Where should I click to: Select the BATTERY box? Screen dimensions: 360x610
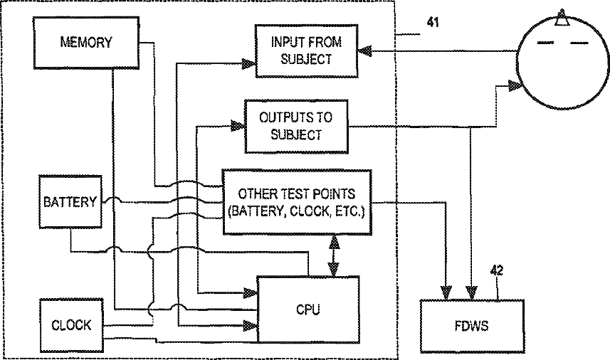(x=70, y=202)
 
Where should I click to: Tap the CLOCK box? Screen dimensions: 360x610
(x=70, y=325)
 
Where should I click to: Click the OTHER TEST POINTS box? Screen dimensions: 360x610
(x=297, y=202)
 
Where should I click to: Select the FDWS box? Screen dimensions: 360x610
(x=472, y=325)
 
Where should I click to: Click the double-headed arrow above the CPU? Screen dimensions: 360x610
(x=332, y=255)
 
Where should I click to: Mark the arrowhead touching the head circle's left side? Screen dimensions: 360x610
(x=515, y=87)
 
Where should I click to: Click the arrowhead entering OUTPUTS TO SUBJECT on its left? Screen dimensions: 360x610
(x=236, y=127)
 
